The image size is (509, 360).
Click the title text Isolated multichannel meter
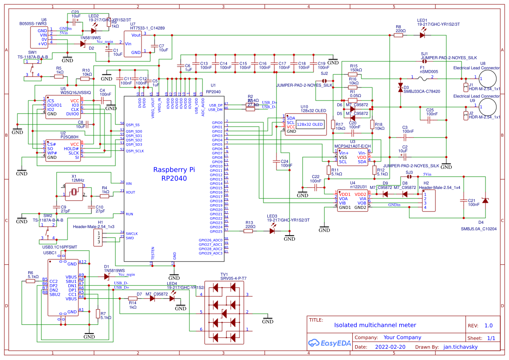coord(375,325)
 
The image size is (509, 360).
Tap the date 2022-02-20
coord(390,347)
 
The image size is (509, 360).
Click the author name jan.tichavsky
coord(461,347)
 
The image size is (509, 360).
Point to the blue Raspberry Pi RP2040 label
coord(174,174)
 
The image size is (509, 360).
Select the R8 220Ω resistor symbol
coord(398,36)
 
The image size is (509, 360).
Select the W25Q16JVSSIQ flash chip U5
coord(63,107)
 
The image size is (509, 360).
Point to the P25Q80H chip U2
coord(63,151)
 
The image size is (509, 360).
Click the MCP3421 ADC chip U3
coord(352,157)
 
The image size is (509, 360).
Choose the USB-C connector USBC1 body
coord(63,287)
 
